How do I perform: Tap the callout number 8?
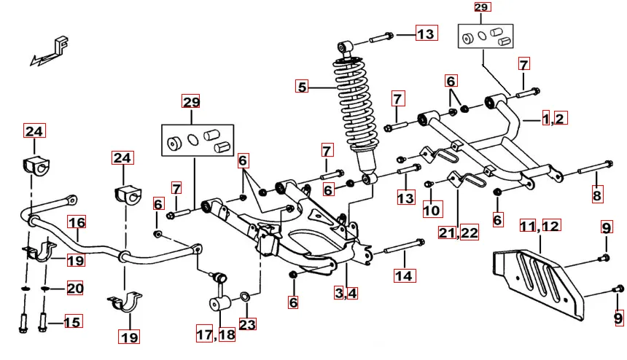pyautogui.click(x=597, y=195)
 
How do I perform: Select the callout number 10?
pyautogui.click(x=432, y=211)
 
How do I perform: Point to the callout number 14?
pyautogui.click(x=404, y=275)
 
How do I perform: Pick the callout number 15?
pyautogui.click(x=72, y=321)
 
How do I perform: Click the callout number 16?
pyautogui.click(x=77, y=222)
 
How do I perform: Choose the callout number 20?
pyautogui.click(x=75, y=289)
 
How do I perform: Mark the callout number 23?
pyautogui.click(x=248, y=324)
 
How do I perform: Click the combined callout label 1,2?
pyautogui.click(x=554, y=118)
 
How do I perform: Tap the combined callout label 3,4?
pyautogui.click(x=346, y=294)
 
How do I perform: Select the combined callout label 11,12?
pyautogui.click(x=540, y=226)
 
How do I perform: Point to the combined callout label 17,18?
pyautogui.click(x=216, y=335)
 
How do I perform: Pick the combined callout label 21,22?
pyautogui.click(x=459, y=233)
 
